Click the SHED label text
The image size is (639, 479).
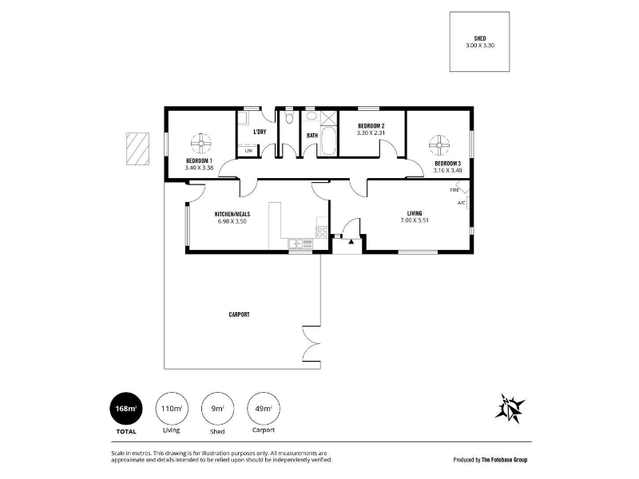480,38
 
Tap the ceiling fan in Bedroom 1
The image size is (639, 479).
201,144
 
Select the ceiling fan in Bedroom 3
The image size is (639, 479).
439,145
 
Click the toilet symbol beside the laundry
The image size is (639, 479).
289,118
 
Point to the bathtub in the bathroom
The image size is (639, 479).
328,141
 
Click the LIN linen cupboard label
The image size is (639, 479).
248,151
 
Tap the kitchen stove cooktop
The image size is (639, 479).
322,232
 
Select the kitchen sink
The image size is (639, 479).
300,243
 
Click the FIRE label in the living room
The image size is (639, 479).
454,190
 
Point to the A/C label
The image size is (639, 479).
461,203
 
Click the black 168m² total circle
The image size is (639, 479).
126,409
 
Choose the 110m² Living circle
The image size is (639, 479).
172,409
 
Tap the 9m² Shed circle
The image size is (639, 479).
217,409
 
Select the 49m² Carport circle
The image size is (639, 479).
264,409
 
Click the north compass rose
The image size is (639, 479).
510,408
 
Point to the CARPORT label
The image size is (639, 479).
239,315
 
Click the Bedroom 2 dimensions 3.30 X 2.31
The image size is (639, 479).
371,133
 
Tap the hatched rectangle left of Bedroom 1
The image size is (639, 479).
137,148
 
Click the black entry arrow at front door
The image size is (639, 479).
351,242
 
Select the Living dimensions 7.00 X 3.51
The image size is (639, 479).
415,220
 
